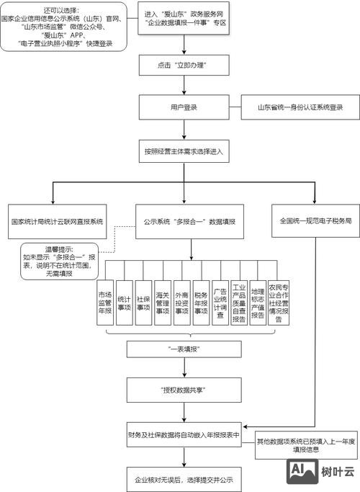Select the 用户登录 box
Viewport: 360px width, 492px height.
click(x=185, y=108)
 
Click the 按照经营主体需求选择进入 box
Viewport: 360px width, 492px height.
click(x=185, y=152)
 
